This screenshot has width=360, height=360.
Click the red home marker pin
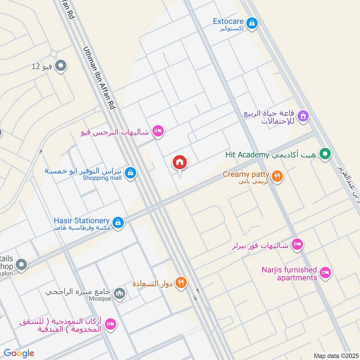click(180, 162)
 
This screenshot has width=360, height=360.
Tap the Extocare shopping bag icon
click(252, 22)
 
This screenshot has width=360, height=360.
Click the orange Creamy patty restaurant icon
click(278, 176)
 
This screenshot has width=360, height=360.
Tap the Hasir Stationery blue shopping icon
click(118, 222)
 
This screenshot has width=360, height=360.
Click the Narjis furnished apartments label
click(289, 274)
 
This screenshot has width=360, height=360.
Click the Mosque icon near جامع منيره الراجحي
click(119, 294)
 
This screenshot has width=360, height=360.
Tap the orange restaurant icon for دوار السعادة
click(181, 283)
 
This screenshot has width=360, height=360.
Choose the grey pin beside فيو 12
click(62, 67)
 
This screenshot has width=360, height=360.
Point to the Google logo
click(19, 353)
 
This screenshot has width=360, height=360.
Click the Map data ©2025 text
click(335, 355)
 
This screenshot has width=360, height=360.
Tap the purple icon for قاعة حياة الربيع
click(303, 116)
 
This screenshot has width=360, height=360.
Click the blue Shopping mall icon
click(130, 172)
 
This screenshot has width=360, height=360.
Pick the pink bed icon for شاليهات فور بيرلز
click(297, 245)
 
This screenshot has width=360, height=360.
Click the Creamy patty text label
click(246, 174)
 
